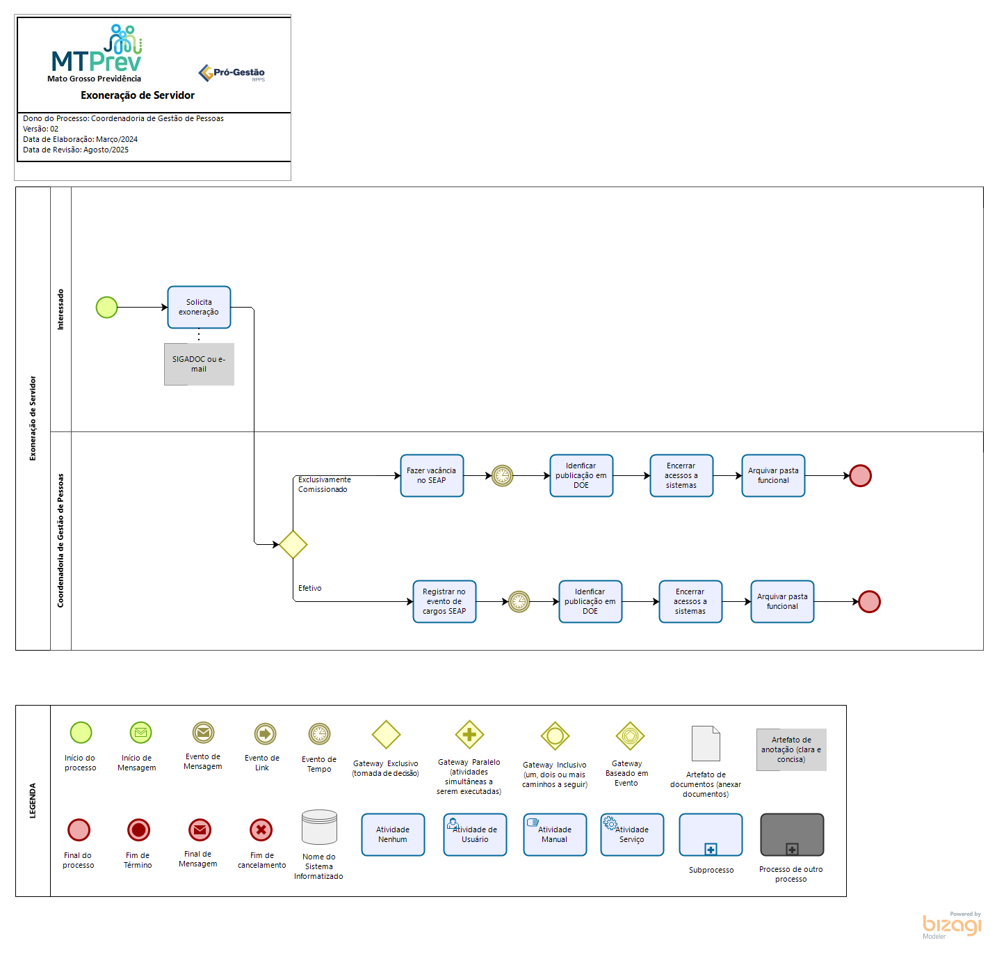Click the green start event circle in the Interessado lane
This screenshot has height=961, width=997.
tap(106, 307)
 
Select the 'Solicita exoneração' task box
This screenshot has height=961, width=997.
tap(199, 307)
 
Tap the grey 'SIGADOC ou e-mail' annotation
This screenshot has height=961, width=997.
tap(199, 364)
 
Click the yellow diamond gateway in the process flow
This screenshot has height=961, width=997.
tap(293, 544)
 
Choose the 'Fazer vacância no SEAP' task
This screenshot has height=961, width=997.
tap(432, 475)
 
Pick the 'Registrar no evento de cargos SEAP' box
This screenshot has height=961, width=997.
tap(444, 601)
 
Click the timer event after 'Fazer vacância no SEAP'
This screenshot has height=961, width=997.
tap(502, 475)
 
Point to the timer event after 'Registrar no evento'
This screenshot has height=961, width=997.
tap(519, 601)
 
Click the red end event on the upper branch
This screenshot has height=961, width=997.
tap(860, 475)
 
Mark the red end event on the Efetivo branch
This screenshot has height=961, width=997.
tap(869, 601)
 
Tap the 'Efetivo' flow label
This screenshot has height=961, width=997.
tap(310, 588)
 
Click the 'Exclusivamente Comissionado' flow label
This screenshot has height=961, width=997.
tap(324, 484)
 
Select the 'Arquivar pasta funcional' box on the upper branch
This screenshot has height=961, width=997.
tap(773, 475)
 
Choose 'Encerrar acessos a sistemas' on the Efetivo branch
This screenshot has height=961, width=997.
tap(690, 601)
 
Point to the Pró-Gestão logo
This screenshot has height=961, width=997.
tap(232, 72)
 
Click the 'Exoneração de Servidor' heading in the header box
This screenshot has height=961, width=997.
tap(138, 95)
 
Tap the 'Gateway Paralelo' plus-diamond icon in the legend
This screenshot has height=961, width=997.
tap(469, 734)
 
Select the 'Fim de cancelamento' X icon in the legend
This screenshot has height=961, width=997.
tap(261, 829)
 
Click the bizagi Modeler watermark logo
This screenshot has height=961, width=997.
tap(952, 925)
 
